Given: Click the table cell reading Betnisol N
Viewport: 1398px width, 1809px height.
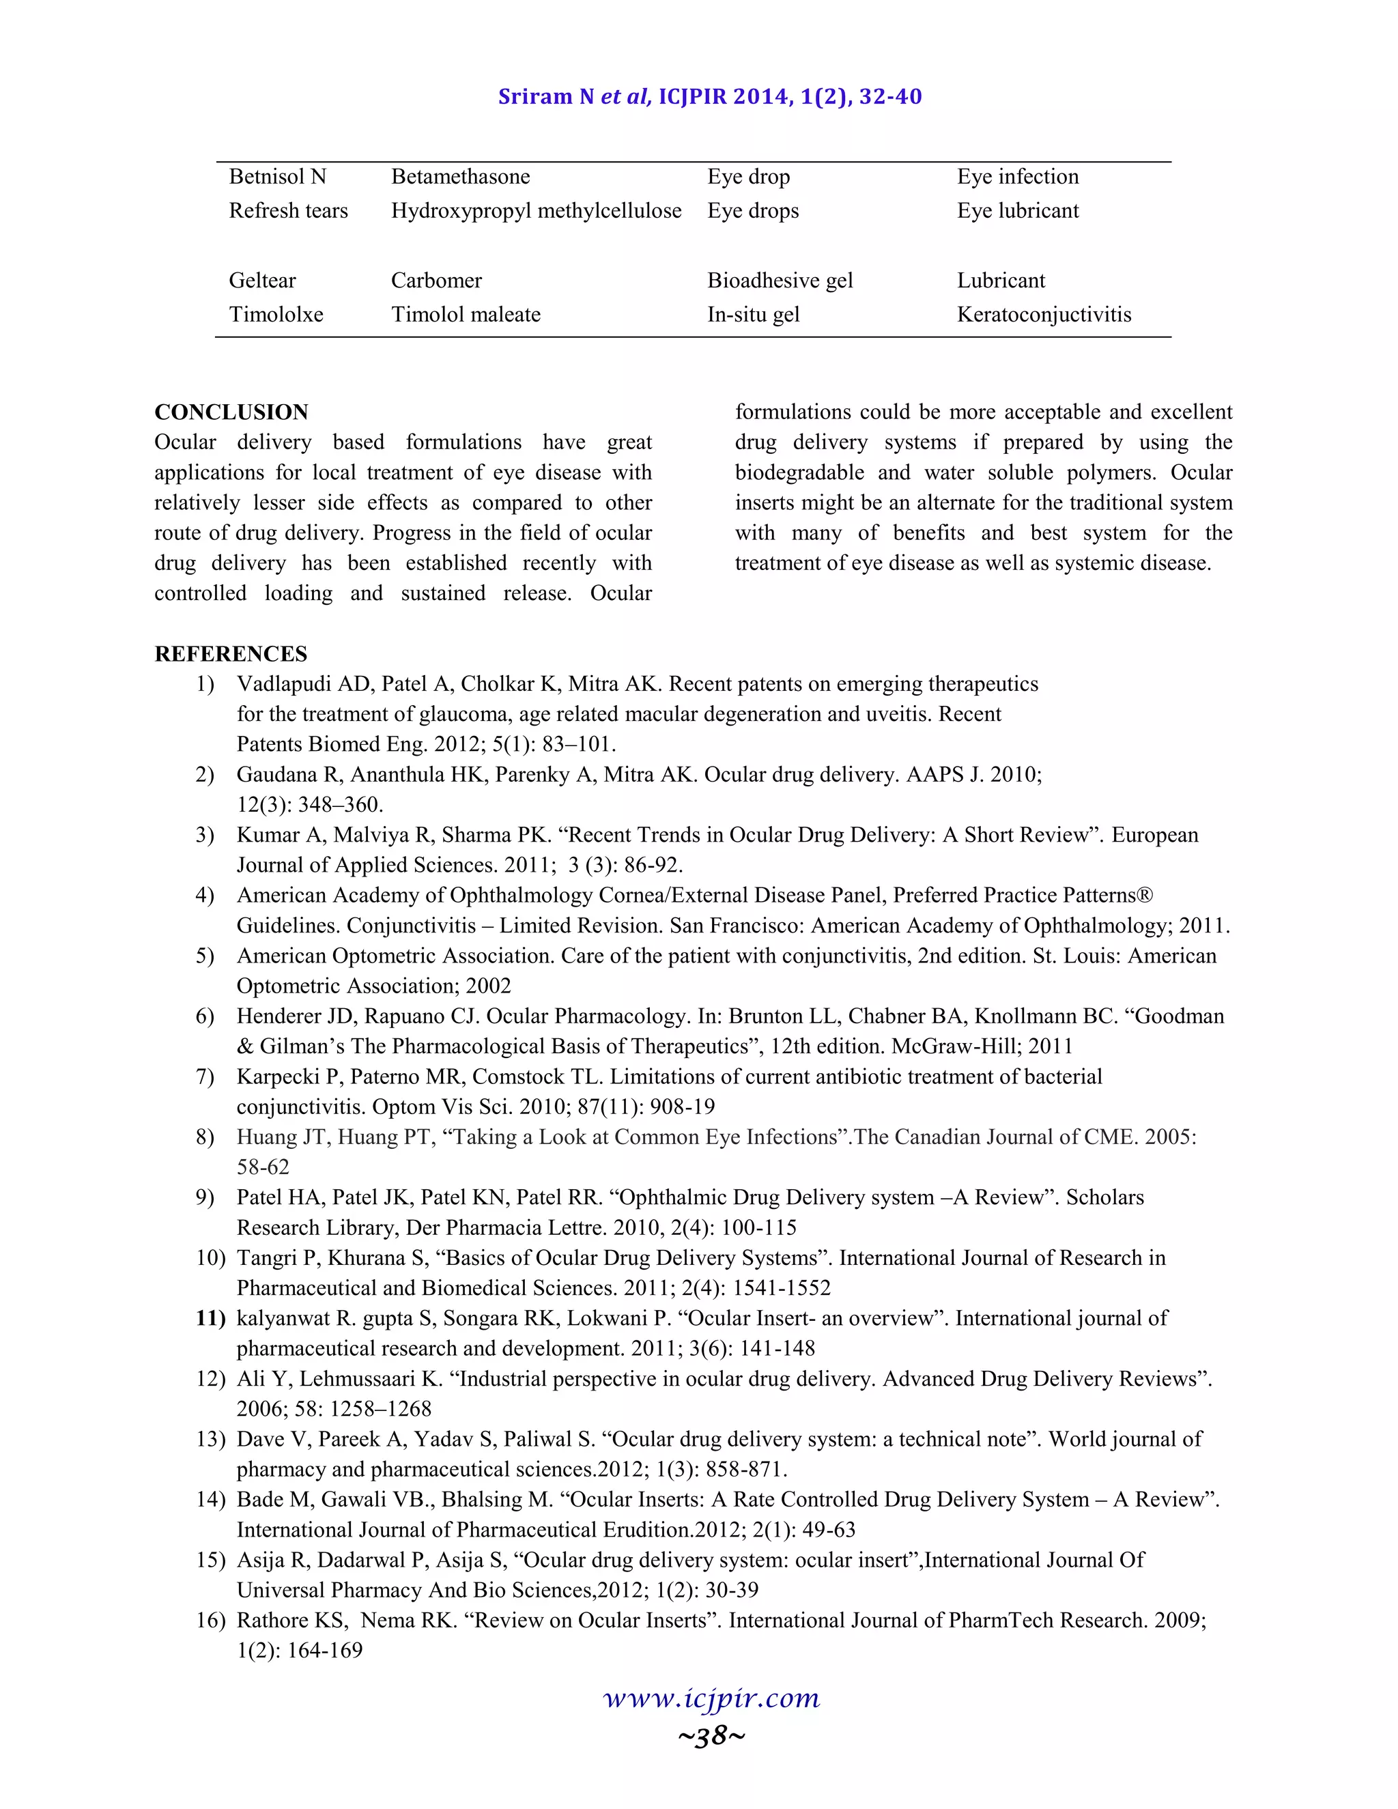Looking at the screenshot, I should tap(277, 176).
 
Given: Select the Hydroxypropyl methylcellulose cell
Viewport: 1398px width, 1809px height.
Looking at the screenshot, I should tap(536, 210).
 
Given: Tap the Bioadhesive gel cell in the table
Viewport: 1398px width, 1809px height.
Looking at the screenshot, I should tap(780, 280).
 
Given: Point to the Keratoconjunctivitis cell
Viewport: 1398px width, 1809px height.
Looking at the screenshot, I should tap(1044, 314).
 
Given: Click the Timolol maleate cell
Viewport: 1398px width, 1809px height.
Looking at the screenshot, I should tap(466, 314).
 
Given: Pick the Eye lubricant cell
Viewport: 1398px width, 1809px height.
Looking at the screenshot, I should tap(1017, 210).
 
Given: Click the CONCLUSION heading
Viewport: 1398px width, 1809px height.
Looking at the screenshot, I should tap(231, 412).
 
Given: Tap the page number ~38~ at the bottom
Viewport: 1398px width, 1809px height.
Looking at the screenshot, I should tap(711, 1735).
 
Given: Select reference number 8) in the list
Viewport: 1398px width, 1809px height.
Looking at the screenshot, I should tap(205, 1137).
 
